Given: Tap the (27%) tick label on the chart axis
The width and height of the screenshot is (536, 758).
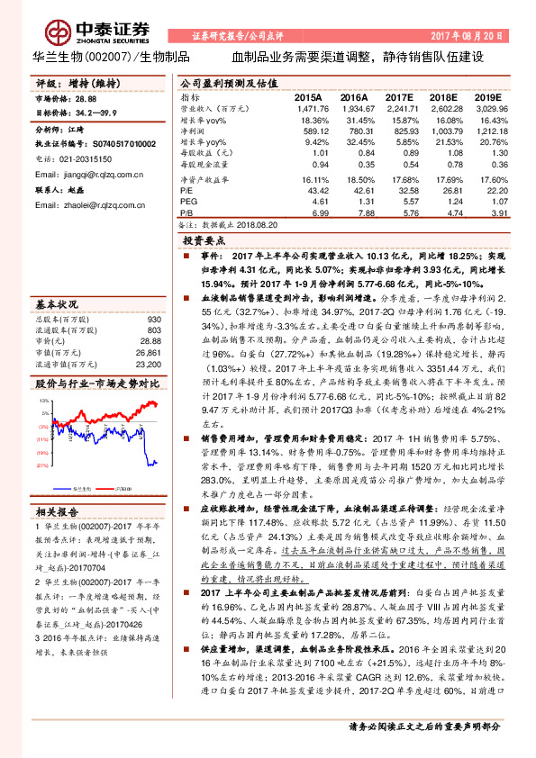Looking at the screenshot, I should click(x=42, y=465).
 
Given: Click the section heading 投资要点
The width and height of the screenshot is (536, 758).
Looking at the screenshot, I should click(x=206, y=242).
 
